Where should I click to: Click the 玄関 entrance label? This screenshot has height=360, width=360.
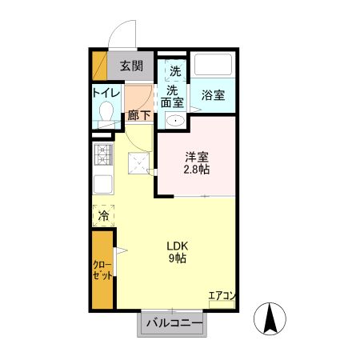point(132,66)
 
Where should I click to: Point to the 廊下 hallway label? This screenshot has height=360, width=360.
point(138,115)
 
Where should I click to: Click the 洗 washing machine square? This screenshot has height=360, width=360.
point(174,70)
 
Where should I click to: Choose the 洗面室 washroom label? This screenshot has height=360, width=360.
point(172,96)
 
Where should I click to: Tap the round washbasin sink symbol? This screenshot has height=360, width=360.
point(175,121)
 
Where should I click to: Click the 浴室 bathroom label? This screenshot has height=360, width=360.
point(212,94)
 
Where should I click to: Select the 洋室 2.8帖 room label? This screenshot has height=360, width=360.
point(195,163)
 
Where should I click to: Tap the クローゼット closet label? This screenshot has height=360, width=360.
point(102,270)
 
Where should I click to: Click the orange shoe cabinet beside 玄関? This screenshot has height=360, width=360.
point(98,65)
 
